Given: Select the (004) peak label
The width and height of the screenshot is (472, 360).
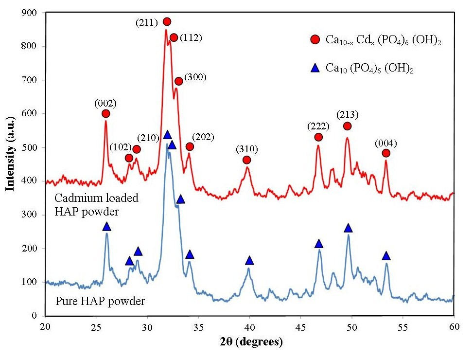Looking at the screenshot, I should (x=386, y=143).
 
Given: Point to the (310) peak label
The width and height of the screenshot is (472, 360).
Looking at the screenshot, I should (x=246, y=148).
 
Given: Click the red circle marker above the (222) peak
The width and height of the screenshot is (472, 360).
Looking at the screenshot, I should (x=318, y=137).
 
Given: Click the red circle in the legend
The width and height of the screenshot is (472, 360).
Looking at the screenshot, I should (x=315, y=39).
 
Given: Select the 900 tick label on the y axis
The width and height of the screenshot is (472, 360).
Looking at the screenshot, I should (x=32, y=13).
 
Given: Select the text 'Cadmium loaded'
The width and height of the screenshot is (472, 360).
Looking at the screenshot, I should (x=96, y=198).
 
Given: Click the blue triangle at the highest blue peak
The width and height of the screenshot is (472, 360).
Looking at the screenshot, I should (x=167, y=135).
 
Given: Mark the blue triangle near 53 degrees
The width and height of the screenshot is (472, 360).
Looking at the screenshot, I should (x=386, y=256).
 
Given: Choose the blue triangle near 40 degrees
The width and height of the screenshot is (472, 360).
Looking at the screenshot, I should (x=250, y=260).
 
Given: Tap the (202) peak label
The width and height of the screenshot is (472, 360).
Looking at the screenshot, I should (x=204, y=136).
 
